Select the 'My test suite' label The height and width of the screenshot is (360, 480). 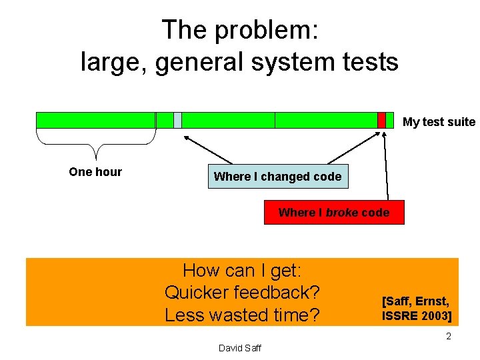point(439,122)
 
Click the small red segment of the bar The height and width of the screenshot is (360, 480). point(381,120)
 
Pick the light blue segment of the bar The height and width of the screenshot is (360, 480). point(177,120)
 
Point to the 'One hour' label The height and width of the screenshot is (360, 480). point(95,172)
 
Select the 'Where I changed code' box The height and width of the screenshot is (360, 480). point(277,177)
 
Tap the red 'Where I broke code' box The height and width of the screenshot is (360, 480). point(334,212)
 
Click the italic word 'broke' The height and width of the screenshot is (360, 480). point(342,212)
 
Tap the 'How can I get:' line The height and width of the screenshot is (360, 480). point(243,271)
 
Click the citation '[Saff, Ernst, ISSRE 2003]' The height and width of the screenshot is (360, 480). point(416,307)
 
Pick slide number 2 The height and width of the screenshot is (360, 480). point(449,336)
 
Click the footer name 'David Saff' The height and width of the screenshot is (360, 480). point(240,347)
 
